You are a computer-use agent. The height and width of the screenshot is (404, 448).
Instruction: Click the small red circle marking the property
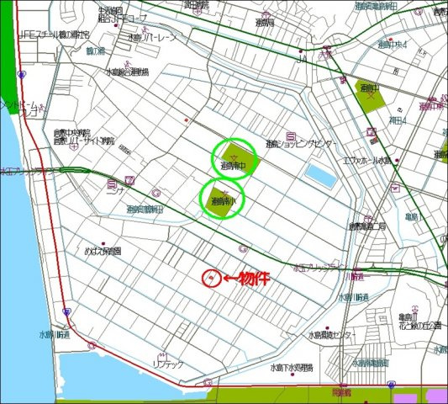tap(212, 279)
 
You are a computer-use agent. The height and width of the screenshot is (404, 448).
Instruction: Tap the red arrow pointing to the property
tap(228, 279)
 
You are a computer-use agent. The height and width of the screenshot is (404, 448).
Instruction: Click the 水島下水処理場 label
tap(292, 368)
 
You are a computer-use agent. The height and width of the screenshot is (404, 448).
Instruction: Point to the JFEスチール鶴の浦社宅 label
tap(54, 35)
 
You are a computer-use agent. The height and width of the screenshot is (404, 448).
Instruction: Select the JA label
tap(303, 59)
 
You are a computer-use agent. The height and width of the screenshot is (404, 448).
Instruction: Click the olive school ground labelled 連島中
tap(369, 98)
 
